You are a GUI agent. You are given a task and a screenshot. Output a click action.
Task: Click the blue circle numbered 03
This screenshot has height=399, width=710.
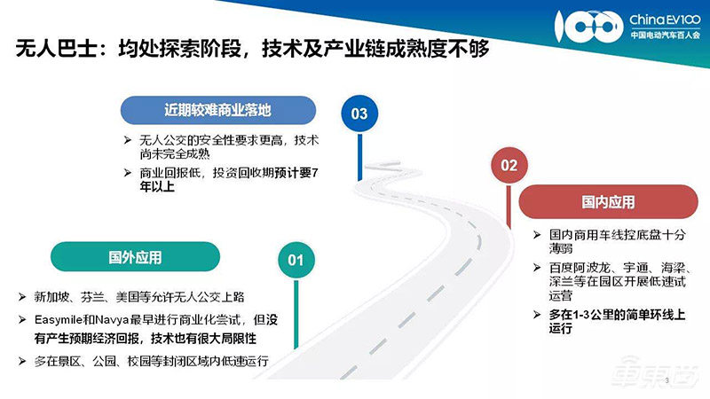pos(359,113)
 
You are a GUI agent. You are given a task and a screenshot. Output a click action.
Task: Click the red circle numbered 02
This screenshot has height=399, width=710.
pos(509,165)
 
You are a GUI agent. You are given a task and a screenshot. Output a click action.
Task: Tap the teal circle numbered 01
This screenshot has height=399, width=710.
pos(296,260)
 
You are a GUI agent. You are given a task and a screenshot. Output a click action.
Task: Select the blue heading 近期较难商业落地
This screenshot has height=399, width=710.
pos(217,111)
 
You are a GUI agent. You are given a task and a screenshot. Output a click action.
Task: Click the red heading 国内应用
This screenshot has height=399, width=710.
pos(608,203)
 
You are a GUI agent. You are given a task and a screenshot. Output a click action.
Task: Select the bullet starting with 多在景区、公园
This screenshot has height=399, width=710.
pos(151,361)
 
